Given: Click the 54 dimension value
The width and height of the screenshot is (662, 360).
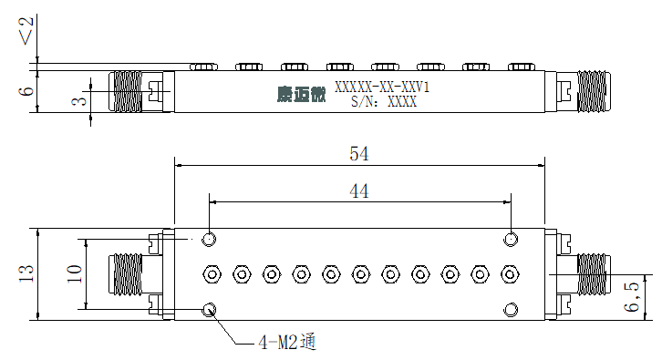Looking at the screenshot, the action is [x=359, y=154].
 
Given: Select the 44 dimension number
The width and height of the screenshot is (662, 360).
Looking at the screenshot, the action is [x=359, y=191].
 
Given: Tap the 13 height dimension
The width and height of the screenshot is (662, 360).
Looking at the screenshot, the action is [x=26, y=273].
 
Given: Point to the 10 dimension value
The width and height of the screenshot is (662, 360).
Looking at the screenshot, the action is [x=74, y=273].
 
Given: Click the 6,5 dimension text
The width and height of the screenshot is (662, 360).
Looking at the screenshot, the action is [x=632, y=297].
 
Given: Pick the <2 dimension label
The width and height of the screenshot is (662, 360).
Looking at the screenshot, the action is [x=26, y=31].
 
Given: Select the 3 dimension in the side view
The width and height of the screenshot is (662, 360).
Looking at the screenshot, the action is [x=79, y=101].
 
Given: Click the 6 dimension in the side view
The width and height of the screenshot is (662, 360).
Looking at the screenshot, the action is [x=26, y=91].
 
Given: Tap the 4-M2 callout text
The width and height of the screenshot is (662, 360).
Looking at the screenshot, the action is [x=287, y=342].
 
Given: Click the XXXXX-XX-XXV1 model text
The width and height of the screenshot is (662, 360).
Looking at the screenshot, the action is [x=382, y=87].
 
